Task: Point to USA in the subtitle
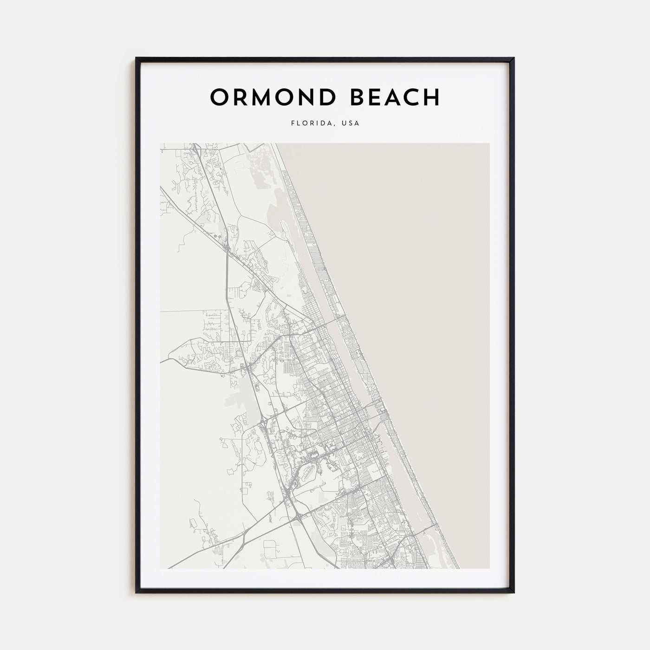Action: [x=351, y=124]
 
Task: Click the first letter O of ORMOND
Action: [x=219, y=97]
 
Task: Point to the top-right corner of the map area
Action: [x=489, y=143]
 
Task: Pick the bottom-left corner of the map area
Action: [x=161, y=568]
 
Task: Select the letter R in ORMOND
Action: [x=241, y=97]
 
